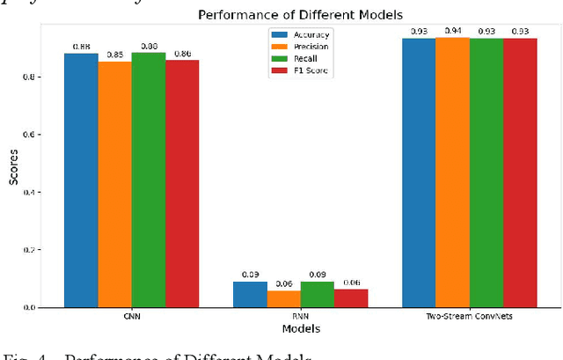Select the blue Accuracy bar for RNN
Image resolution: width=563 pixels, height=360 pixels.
click(250, 295)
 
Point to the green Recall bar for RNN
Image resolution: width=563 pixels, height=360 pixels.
click(317, 295)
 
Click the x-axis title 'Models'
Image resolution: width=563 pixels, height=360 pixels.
click(300, 329)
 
